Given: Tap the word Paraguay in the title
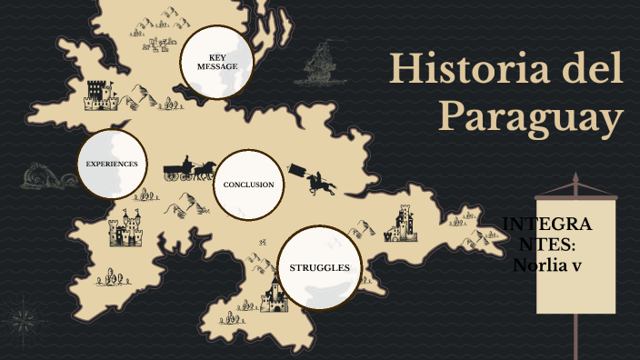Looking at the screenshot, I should pyautogui.click(x=532, y=117).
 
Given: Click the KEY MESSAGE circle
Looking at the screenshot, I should pyautogui.click(x=216, y=61).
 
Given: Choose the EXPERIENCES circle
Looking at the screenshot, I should pyautogui.click(x=112, y=164).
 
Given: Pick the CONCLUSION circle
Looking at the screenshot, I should pyautogui.click(x=248, y=185).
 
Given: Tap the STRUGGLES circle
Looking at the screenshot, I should pyautogui.click(x=319, y=268).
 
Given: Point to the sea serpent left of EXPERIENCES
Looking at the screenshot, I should pyautogui.click(x=41, y=173).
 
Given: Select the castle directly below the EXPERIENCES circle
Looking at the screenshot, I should pyautogui.click(x=125, y=231).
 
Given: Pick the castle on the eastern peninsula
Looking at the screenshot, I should pyautogui.click(x=400, y=224).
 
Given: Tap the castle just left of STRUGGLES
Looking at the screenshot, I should pyautogui.click(x=273, y=297).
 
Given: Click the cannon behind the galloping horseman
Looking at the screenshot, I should pyautogui.click(x=296, y=170).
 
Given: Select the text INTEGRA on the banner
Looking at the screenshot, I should pyautogui.click(x=547, y=225).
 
